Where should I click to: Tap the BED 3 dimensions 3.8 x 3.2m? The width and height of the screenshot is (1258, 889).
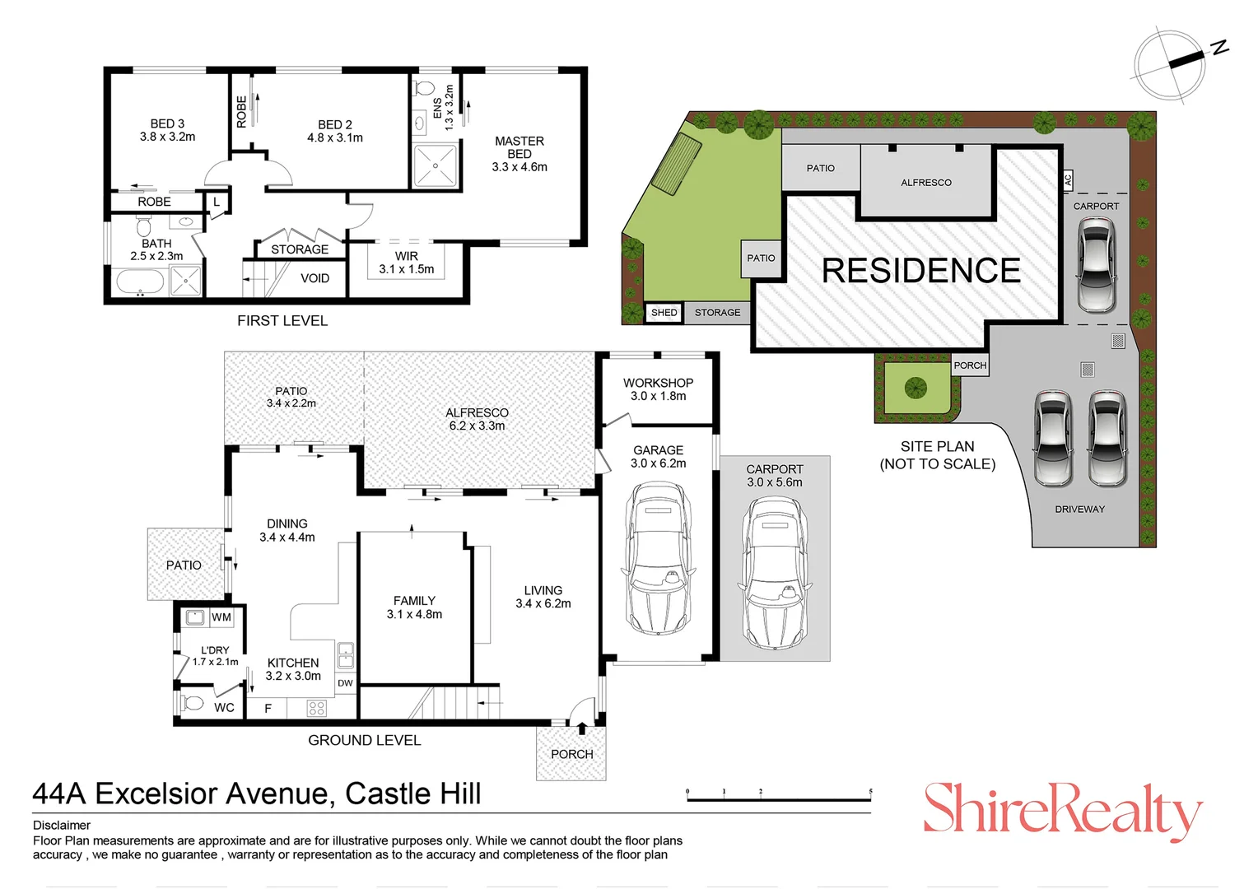click(x=167, y=137)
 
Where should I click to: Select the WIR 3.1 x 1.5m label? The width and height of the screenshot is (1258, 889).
click(x=406, y=263)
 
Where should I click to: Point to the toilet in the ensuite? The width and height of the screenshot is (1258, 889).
click(x=425, y=88)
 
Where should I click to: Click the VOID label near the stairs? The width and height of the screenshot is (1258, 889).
click(x=314, y=278)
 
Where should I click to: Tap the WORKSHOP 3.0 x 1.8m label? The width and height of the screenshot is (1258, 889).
click(x=658, y=389)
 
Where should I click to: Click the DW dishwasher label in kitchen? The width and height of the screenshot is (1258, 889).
click(x=345, y=683)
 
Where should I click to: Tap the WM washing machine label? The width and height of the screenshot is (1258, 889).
click(x=221, y=617)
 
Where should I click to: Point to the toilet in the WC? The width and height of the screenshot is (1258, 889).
click(x=193, y=704)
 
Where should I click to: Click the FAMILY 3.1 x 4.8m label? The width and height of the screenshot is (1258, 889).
click(x=414, y=607)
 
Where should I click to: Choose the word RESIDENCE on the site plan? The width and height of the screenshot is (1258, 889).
click(x=920, y=271)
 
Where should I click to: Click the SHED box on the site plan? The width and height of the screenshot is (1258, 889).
click(x=664, y=313)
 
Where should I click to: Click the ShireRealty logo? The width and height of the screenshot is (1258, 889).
click(x=1062, y=811)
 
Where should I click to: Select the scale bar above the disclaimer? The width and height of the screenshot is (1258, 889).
click(x=778, y=797)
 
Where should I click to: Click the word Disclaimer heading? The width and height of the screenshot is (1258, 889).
click(x=62, y=825)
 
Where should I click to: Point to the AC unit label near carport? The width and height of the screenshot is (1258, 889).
click(x=1068, y=179)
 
